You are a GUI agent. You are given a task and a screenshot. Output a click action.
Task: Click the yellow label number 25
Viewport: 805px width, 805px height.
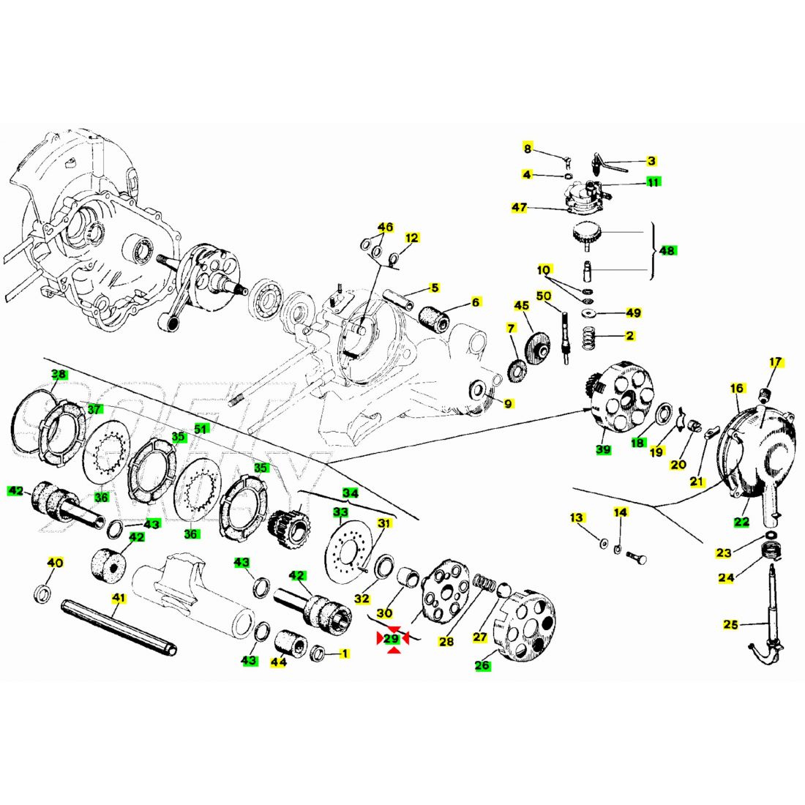pos(731,624)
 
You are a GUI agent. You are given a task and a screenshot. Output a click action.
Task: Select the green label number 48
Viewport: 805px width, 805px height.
pos(667,250)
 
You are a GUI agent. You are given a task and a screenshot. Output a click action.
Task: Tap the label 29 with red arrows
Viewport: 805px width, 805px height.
pos(392,639)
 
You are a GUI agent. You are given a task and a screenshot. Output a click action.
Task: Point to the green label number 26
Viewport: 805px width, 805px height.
pos(482,665)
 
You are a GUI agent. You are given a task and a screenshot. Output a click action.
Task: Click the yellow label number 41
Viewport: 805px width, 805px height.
pos(119,598)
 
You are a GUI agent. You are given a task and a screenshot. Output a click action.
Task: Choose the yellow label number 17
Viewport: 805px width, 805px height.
pos(776,362)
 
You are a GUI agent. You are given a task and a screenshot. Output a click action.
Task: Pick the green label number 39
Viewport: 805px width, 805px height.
pos(603,449)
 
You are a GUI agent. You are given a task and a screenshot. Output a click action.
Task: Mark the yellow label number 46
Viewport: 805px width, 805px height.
pos(386,227)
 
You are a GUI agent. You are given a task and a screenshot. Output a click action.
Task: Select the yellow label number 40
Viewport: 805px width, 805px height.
pos(55,563)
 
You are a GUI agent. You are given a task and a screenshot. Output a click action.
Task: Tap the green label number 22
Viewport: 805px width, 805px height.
pos(742,523)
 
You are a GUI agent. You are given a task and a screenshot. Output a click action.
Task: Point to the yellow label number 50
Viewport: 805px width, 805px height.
pos(544,296)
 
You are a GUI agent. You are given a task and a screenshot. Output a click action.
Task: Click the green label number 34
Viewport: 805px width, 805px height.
pos(351,493)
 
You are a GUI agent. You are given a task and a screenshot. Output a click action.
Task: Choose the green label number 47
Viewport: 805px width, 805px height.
pos(520,208)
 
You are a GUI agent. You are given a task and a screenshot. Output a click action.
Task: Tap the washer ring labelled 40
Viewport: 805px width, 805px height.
pos(43,593)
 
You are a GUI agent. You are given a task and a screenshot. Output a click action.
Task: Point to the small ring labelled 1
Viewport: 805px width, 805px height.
pos(319,652)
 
